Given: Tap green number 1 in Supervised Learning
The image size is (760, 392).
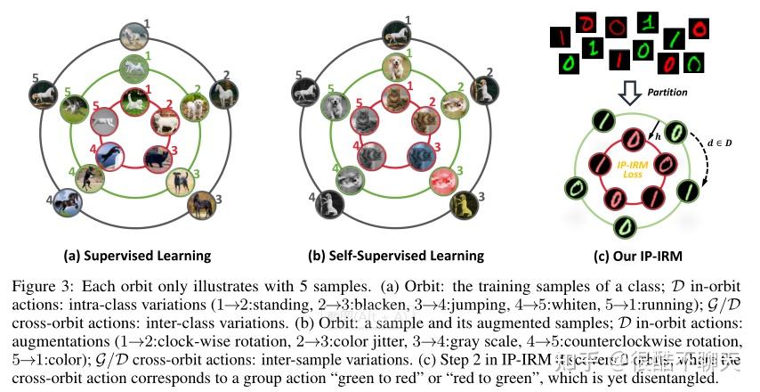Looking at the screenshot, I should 148,55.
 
